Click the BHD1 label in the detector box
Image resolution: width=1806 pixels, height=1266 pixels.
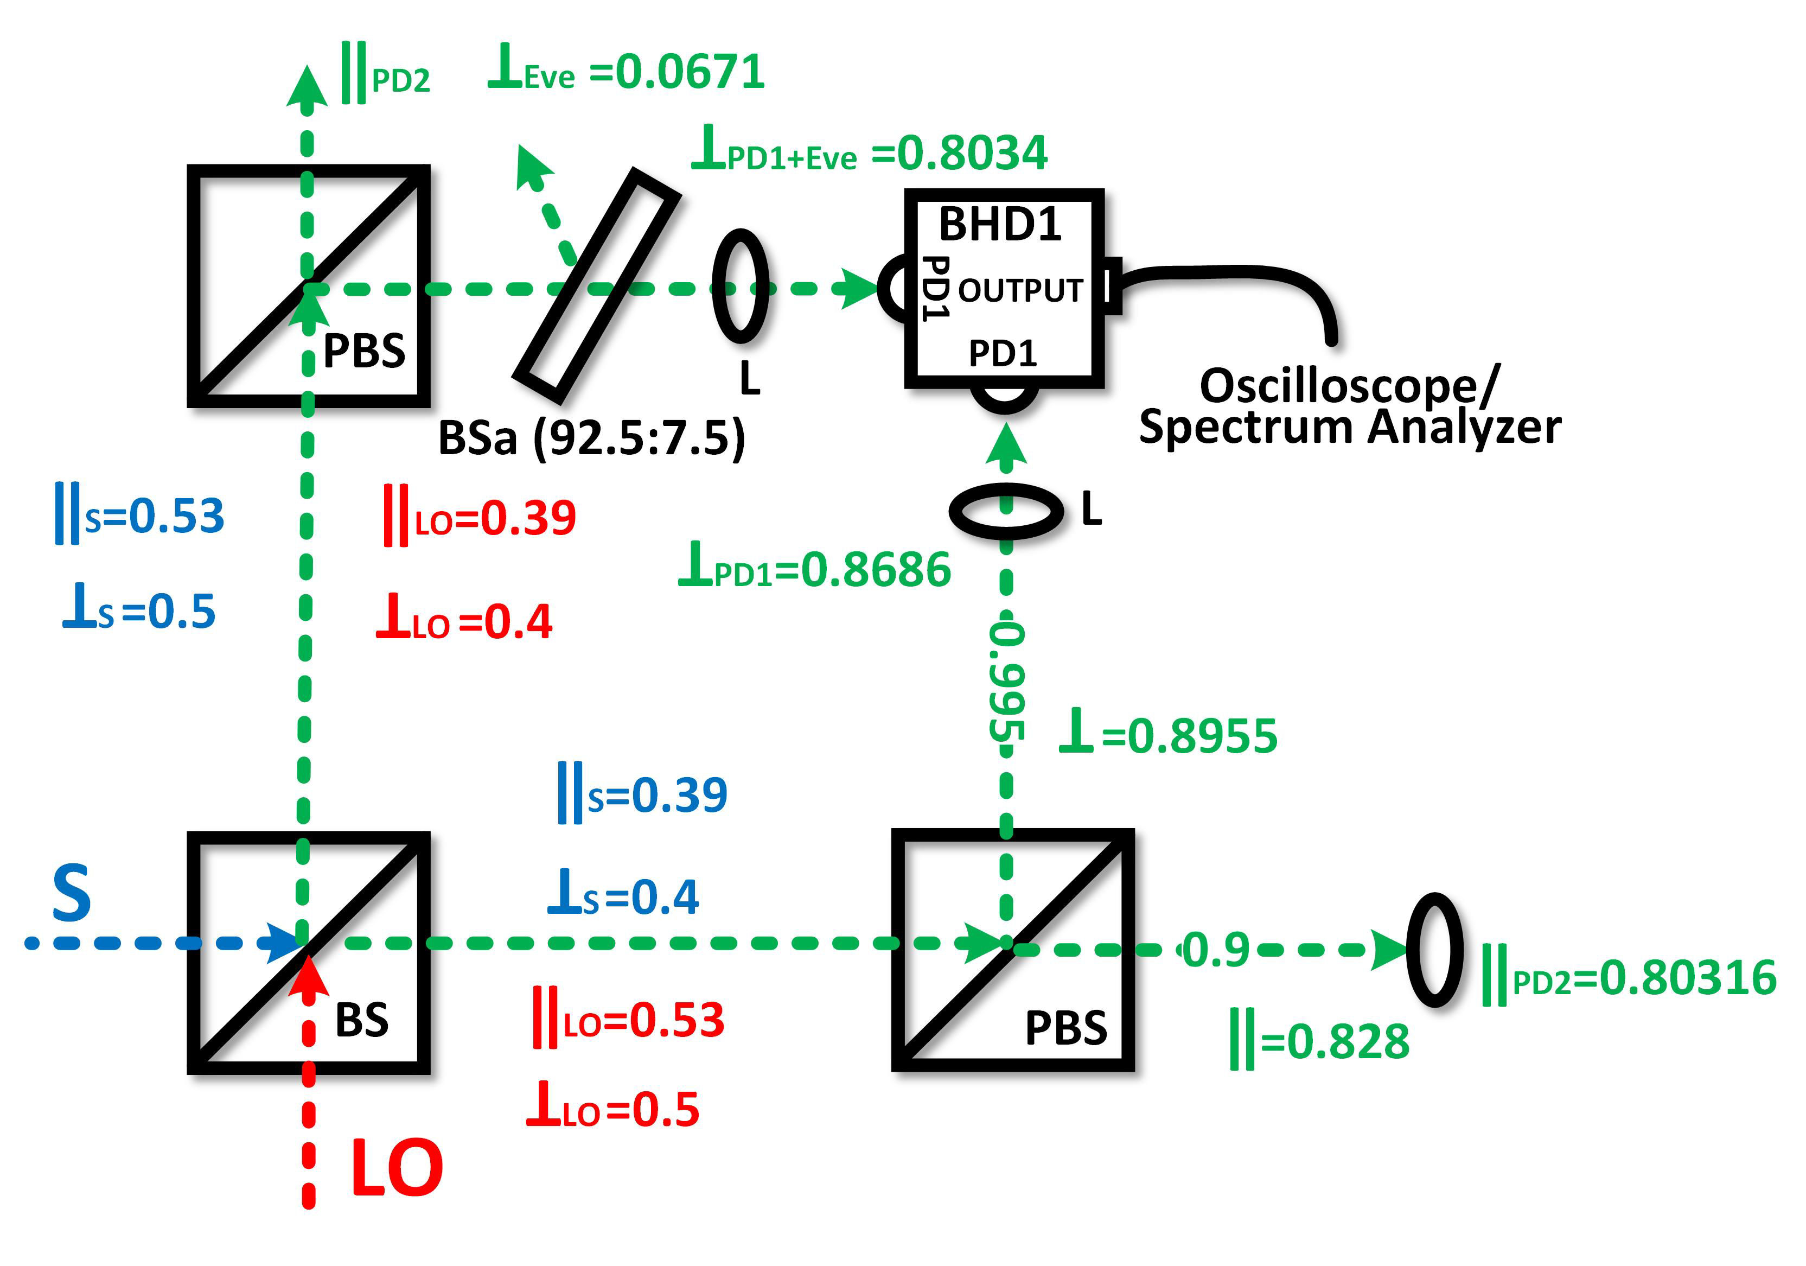pos(1000,225)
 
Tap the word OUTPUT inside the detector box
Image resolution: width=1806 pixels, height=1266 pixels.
pos(1020,291)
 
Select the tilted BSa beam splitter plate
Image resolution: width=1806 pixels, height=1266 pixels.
pos(596,285)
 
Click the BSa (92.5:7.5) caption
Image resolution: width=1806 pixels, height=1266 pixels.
pos(591,438)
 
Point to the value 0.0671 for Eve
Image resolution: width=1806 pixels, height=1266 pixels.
pos(690,72)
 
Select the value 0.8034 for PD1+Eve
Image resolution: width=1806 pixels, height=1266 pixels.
pos(972,154)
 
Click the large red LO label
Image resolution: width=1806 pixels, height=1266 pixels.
pos(397,1169)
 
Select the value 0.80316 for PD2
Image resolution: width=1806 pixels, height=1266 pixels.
pos(1688,978)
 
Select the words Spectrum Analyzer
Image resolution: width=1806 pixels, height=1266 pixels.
pos(1350,428)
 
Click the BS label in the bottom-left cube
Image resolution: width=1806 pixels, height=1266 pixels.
pos(362,1020)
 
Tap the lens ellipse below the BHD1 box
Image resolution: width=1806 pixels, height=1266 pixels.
pos(1006,511)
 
